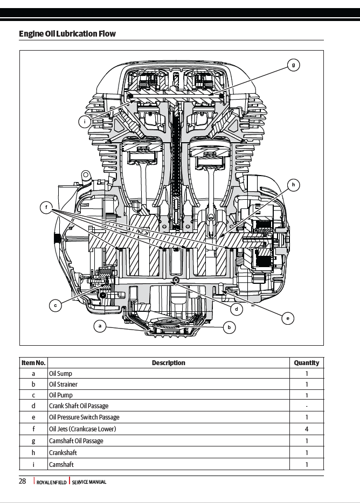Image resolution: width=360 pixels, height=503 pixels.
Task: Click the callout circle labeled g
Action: (x=293, y=65)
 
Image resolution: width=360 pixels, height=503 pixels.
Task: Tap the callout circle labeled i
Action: (x=85, y=122)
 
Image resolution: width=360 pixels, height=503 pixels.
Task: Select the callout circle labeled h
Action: (x=293, y=185)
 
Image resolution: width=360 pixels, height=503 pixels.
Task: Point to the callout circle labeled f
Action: (x=47, y=208)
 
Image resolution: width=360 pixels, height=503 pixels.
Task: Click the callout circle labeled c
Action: (x=55, y=306)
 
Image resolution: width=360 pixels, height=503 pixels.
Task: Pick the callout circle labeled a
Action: (x=99, y=326)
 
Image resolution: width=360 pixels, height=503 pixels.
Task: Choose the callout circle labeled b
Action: (x=229, y=327)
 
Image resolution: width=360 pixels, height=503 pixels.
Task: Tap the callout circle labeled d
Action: (x=237, y=309)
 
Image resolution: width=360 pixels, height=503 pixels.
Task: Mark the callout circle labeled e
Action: (x=288, y=318)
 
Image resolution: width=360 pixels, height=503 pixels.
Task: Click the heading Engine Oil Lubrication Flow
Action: (x=67, y=34)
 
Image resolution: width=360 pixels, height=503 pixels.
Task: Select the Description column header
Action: (x=168, y=363)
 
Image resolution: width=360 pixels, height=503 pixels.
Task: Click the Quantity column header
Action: (x=306, y=363)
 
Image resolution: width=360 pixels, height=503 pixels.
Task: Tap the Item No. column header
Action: (x=33, y=363)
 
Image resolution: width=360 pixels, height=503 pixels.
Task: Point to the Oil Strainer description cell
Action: (x=64, y=385)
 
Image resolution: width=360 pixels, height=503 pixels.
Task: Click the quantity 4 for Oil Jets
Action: (x=306, y=429)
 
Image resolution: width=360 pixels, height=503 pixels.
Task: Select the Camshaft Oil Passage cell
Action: (x=76, y=441)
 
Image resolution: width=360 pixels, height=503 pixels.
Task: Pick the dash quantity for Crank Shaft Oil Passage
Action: (x=306, y=406)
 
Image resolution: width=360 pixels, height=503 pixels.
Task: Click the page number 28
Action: (x=23, y=481)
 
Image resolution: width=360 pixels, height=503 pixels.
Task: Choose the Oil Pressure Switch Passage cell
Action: (x=84, y=417)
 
